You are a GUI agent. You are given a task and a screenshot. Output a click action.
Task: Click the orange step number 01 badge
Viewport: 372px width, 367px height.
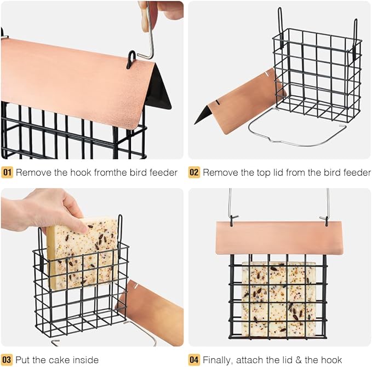(x=7, y=173)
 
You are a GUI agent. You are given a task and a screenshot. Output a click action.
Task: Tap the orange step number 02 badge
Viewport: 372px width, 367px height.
(x=194, y=173)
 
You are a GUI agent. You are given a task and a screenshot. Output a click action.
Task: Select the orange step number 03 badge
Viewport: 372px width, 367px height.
(x=7, y=360)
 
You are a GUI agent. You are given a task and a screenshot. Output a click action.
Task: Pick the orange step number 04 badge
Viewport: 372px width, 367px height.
(x=194, y=360)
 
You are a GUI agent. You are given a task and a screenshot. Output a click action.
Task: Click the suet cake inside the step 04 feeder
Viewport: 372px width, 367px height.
(x=278, y=298)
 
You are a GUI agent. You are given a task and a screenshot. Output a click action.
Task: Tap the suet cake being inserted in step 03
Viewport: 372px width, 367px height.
(x=82, y=252)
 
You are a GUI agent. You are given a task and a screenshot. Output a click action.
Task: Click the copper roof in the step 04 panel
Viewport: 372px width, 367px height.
(x=278, y=237)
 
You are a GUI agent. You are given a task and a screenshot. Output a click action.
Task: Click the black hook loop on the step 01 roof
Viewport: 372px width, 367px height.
(x=131, y=58)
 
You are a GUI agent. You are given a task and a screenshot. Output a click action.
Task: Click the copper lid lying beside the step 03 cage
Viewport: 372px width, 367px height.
(x=153, y=312)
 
